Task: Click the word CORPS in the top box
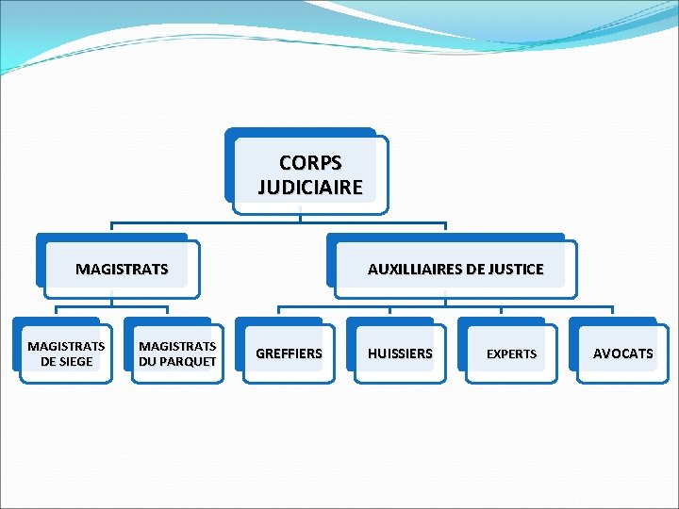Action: tap(310, 163)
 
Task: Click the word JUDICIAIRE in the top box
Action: tap(310, 187)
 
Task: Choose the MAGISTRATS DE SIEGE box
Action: tap(66, 354)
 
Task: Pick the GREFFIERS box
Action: tap(288, 353)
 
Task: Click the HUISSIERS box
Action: tap(399, 353)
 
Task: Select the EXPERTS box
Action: tap(510, 353)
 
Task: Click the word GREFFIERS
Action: tap(289, 353)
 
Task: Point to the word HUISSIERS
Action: tap(400, 353)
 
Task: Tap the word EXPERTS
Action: tap(511, 354)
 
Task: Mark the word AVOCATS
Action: tap(622, 353)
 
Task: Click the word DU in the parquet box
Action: tap(148, 362)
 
